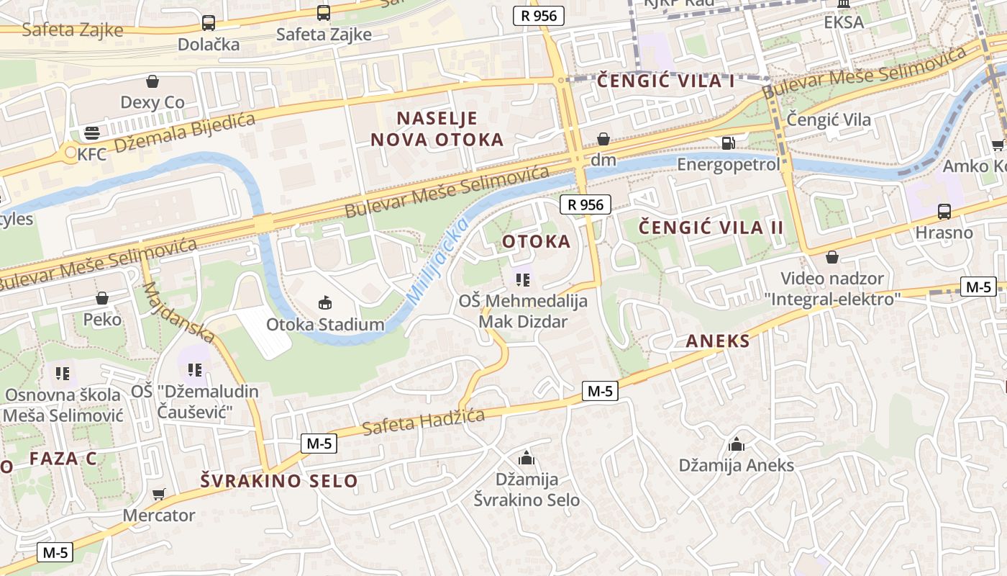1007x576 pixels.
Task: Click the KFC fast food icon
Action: (91, 132)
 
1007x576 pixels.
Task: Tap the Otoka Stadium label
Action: (325, 325)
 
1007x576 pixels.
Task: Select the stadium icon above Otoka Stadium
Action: (325, 303)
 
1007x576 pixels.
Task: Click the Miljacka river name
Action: (437, 261)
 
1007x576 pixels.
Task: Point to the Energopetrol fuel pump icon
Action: (728, 143)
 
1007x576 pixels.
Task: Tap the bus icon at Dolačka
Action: (208, 23)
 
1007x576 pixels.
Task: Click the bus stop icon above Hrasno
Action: (944, 212)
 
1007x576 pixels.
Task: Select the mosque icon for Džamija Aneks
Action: (736, 444)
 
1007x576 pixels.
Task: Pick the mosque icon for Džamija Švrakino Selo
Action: (527, 457)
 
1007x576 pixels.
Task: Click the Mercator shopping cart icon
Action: (159, 494)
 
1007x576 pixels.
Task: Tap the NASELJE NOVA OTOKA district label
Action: (437, 129)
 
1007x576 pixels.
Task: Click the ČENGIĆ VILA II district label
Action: (711, 228)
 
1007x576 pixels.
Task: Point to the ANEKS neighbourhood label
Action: (717, 341)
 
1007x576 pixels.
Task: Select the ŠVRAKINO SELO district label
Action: (278, 481)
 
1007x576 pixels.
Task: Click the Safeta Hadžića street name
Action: (423, 422)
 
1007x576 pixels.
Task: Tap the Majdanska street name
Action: (178, 312)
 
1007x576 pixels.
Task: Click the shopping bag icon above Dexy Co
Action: (152, 81)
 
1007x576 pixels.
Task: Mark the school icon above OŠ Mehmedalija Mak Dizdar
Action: (523, 279)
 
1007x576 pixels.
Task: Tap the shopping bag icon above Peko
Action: (102, 298)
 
